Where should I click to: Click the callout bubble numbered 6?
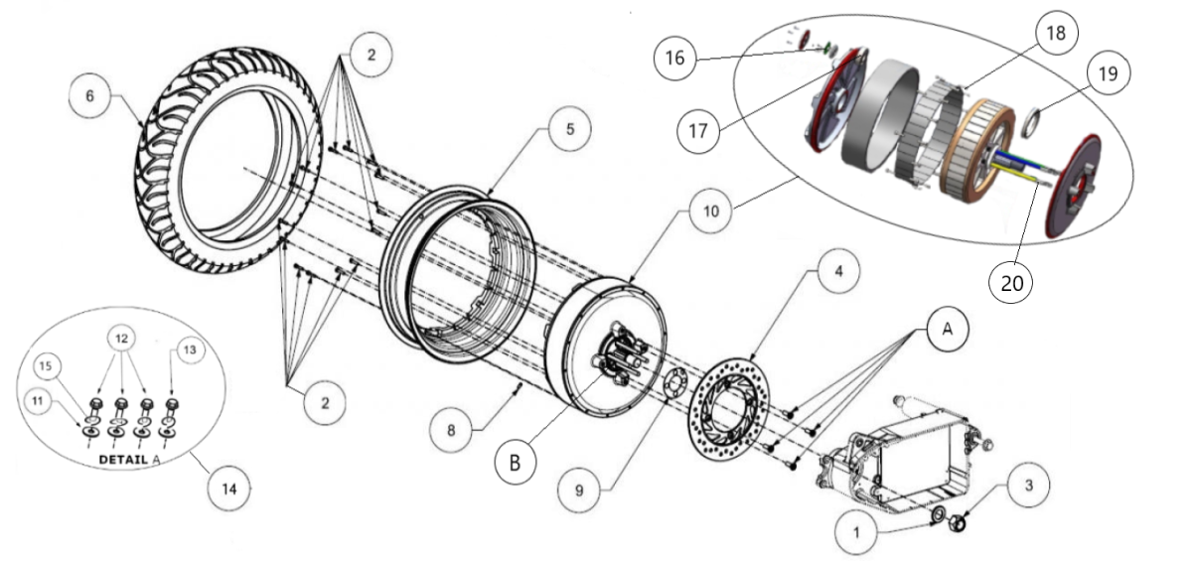90,96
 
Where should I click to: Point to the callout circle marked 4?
839,270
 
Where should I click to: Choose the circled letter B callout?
515,462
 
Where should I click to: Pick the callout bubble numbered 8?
451,429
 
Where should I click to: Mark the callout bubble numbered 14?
230,488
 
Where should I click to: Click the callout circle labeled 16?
674,59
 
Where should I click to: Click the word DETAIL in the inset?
120,460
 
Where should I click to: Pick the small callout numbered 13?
191,349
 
